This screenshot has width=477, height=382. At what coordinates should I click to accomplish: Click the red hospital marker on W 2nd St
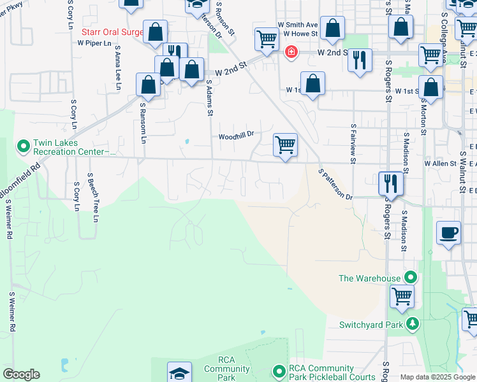pos(291,52)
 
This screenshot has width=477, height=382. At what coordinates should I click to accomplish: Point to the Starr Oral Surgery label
pos(112,31)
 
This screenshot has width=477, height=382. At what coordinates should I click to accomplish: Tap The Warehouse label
pos(369,278)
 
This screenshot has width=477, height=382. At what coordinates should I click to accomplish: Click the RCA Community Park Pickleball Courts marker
pos(279,370)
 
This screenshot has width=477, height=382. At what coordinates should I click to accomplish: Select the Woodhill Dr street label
pos(236,136)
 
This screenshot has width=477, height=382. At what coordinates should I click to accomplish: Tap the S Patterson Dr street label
pos(335,185)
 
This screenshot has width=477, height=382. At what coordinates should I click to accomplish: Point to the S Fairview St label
pos(352,143)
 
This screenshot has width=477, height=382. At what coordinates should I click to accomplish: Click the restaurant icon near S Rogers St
pos(390,183)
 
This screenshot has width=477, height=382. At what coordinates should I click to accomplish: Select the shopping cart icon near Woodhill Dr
pos(285,145)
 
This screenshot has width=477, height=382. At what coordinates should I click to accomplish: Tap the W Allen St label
pos(441,164)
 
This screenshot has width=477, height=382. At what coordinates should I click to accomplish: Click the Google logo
pos(21,374)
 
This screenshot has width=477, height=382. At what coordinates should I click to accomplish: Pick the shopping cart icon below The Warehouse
pos(402,295)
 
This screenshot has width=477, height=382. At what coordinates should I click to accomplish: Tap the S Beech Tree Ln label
pos(96,197)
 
